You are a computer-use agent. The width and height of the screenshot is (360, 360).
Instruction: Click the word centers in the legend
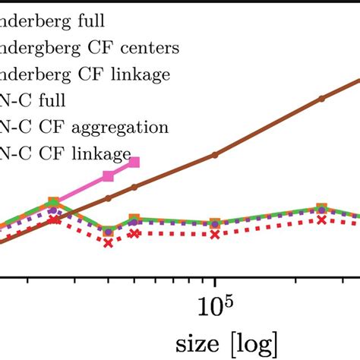click(150, 48)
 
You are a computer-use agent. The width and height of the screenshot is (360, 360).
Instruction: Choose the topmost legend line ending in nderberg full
click(54, 22)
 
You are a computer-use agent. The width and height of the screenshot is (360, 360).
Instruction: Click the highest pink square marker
click(135, 162)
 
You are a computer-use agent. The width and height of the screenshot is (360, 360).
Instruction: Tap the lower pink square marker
click(108, 176)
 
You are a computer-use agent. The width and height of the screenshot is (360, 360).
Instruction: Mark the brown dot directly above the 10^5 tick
click(215, 154)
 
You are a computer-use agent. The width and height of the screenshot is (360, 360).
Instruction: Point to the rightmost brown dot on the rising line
click(322, 98)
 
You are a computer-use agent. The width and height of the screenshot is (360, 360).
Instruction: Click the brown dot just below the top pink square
click(135, 186)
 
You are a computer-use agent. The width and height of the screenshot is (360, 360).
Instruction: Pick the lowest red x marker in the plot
click(108, 243)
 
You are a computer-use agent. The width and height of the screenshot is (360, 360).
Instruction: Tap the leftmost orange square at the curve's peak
click(53, 202)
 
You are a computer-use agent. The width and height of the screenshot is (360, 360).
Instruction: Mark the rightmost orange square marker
click(322, 207)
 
